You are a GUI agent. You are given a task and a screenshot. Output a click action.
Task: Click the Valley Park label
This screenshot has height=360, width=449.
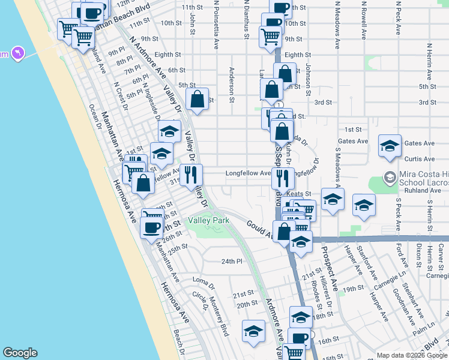coord(208,221)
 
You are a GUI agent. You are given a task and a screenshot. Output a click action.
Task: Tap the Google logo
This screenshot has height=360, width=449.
coord(20,353)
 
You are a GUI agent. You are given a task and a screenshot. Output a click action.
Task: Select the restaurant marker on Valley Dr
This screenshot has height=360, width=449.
coord(191,175)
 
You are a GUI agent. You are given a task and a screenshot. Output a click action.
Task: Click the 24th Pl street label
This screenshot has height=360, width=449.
coord(231,262)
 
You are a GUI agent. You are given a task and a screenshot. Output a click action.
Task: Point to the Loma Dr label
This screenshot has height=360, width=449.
coord(203,280)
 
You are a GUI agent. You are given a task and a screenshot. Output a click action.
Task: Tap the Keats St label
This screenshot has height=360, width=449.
coord(299,194)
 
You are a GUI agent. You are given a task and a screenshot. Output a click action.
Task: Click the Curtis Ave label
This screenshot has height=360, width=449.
coord(420,159)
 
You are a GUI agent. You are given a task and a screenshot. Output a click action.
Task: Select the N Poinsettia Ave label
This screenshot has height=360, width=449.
coord(216,24)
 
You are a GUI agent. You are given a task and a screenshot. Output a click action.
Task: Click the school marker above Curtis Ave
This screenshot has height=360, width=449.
coord(390,146)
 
